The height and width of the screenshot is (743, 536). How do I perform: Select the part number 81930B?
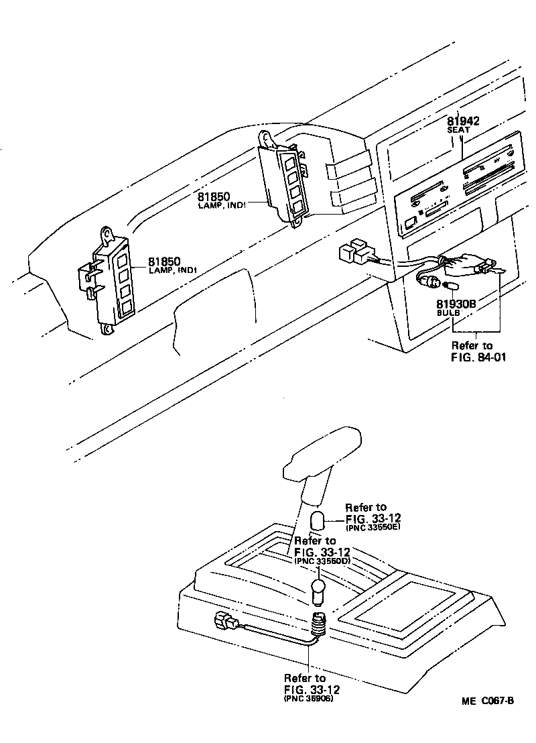[x=456, y=304]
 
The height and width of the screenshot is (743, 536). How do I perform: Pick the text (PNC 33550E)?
[x=373, y=528]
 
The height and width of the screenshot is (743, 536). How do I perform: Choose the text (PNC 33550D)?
[x=322, y=561]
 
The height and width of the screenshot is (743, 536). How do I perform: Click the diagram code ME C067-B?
[x=486, y=701]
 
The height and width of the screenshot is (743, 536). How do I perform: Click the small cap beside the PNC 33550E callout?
[x=318, y=521]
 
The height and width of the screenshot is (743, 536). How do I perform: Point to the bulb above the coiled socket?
[x=319, y=593]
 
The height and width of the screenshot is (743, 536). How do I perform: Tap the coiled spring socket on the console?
[x=319, y=626]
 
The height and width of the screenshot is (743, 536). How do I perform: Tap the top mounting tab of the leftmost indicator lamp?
[x=106, y=233]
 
